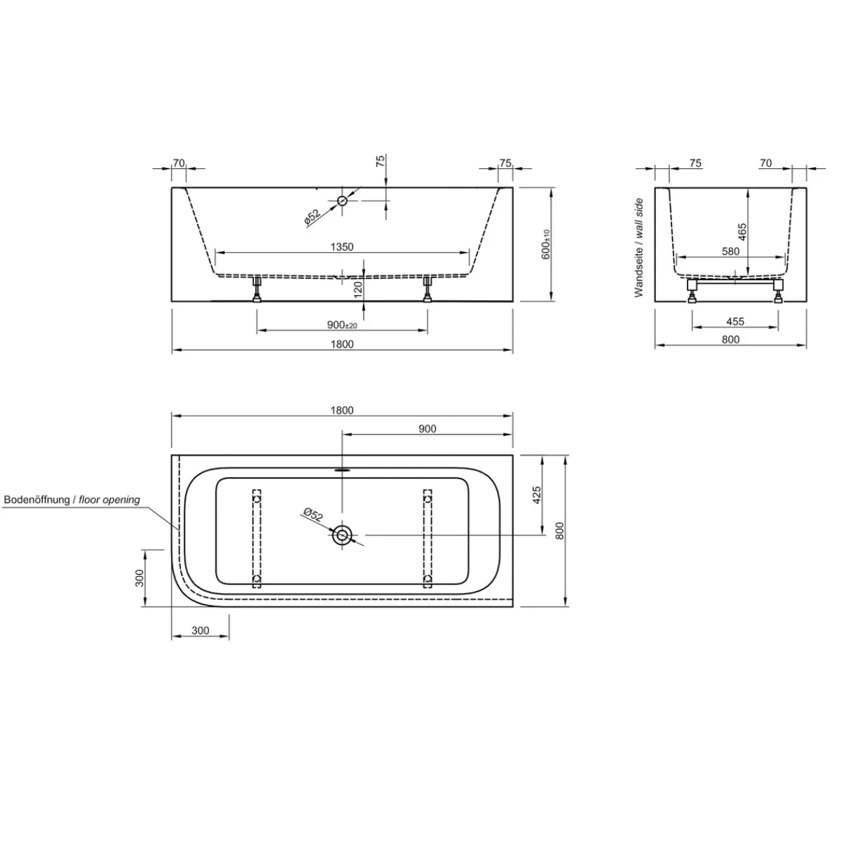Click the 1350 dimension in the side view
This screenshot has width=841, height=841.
(x=342, y=247)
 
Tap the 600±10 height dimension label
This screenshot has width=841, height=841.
(x=546, y=245)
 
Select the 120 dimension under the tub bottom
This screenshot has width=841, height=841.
(x=358, y=289)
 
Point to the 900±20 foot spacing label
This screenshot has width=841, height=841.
(x=342, y=325)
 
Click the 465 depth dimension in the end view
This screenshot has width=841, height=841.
(x=742, y=232)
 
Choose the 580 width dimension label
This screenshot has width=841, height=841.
(x=730, y=252)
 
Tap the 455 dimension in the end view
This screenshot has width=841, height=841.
(x=735, y=322)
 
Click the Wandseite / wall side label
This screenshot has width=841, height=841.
(x=639, y=248)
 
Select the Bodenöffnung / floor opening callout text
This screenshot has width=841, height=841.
(x=72, y=500)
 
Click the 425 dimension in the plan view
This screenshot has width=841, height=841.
(x=538, y=495)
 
